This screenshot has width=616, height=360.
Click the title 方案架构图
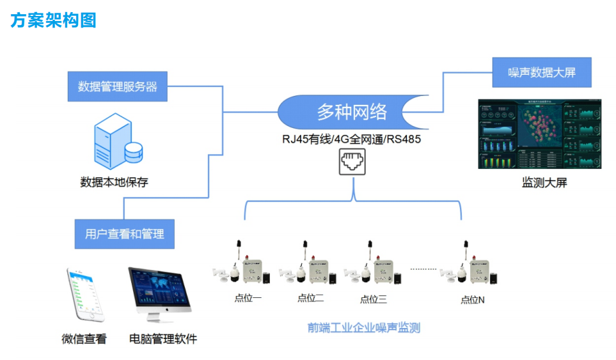(53, 20)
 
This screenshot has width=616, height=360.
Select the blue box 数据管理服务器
(118, 86)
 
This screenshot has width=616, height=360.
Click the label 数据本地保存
(114, 182)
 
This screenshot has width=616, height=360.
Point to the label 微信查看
(84, 339)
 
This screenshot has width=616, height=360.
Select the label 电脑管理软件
(163, 339)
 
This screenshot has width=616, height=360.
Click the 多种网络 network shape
(352, 112)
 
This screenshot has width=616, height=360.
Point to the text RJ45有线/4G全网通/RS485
(352, 139)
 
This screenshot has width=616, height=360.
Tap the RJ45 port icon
(352, 162)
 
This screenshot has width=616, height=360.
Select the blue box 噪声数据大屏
(541, 72)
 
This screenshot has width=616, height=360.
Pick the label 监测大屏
(544, 183)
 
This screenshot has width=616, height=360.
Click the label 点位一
(248, 298)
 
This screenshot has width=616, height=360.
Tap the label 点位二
(311, 298)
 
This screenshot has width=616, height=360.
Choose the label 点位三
(374, 299)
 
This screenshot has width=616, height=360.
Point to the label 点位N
(473, 299)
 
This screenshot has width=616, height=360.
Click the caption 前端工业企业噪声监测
(363, 328)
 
